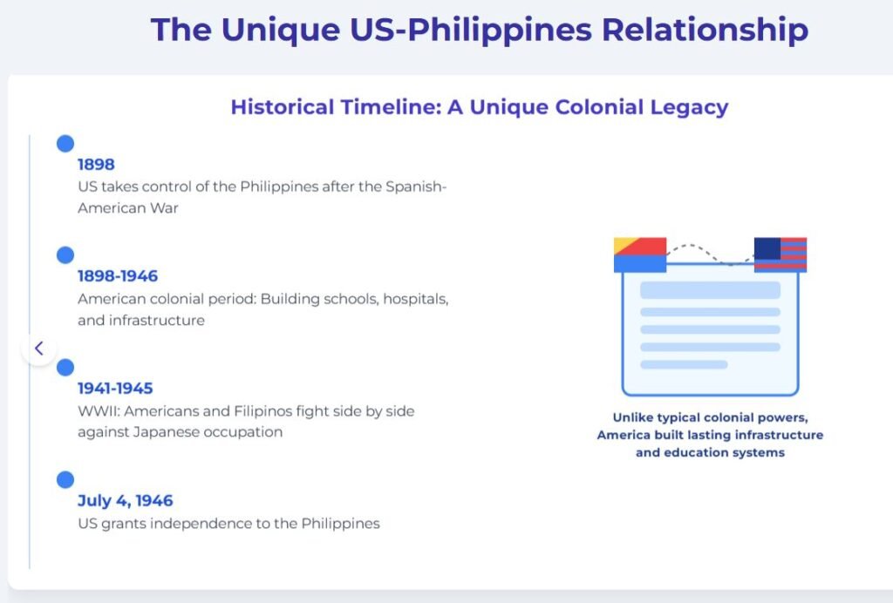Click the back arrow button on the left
pos(38,349)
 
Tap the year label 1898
pos(96,165)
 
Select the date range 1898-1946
pos(118,276)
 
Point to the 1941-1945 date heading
pos(116,388)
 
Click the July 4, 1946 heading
pos(126,500)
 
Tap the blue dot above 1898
pos(65,144)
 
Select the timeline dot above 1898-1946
pos(65,254)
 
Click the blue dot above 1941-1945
pos(65,368)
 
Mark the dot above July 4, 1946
pos(65,479)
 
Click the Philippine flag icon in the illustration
pos(640,254)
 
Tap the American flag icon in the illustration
pos(781,254)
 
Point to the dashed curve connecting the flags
pos(710,254)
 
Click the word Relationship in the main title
pos(705,30)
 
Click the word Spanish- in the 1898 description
pos(416,186)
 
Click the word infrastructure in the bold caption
pos(779,435)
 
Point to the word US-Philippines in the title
pos(471,30)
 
